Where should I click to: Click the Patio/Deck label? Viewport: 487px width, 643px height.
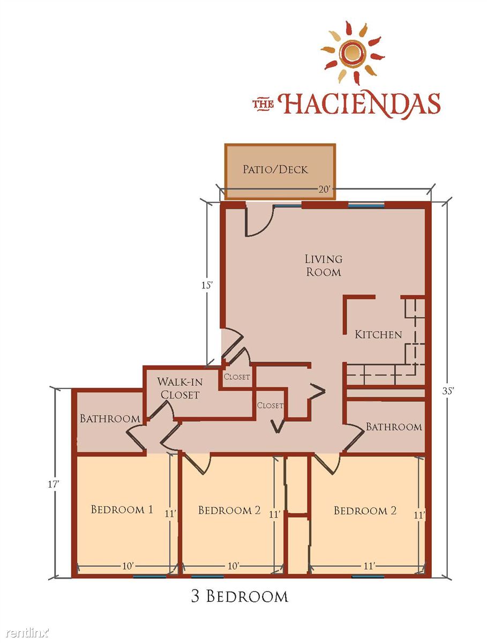[275, 169]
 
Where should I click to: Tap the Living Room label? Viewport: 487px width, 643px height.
[323, 265]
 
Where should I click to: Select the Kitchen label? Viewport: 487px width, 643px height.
[378, 334]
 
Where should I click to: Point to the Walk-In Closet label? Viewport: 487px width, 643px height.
[180, 388]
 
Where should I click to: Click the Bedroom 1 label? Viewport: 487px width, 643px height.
[122, 510]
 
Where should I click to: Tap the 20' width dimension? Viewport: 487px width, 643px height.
[324, 190]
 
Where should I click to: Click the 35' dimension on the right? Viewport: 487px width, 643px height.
[448, 391]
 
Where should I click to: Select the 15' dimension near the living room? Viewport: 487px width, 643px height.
[207, 285]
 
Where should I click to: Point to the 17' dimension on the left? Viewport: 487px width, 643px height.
[54, 484]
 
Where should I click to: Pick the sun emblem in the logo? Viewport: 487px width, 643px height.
[353, 53]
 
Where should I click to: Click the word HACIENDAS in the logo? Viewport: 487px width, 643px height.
[359, 105]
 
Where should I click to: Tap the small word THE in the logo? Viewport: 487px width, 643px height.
[263, 105]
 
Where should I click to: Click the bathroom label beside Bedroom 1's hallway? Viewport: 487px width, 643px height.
[110, 418]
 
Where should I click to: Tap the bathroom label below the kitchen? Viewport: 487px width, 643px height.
[394, 427]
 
